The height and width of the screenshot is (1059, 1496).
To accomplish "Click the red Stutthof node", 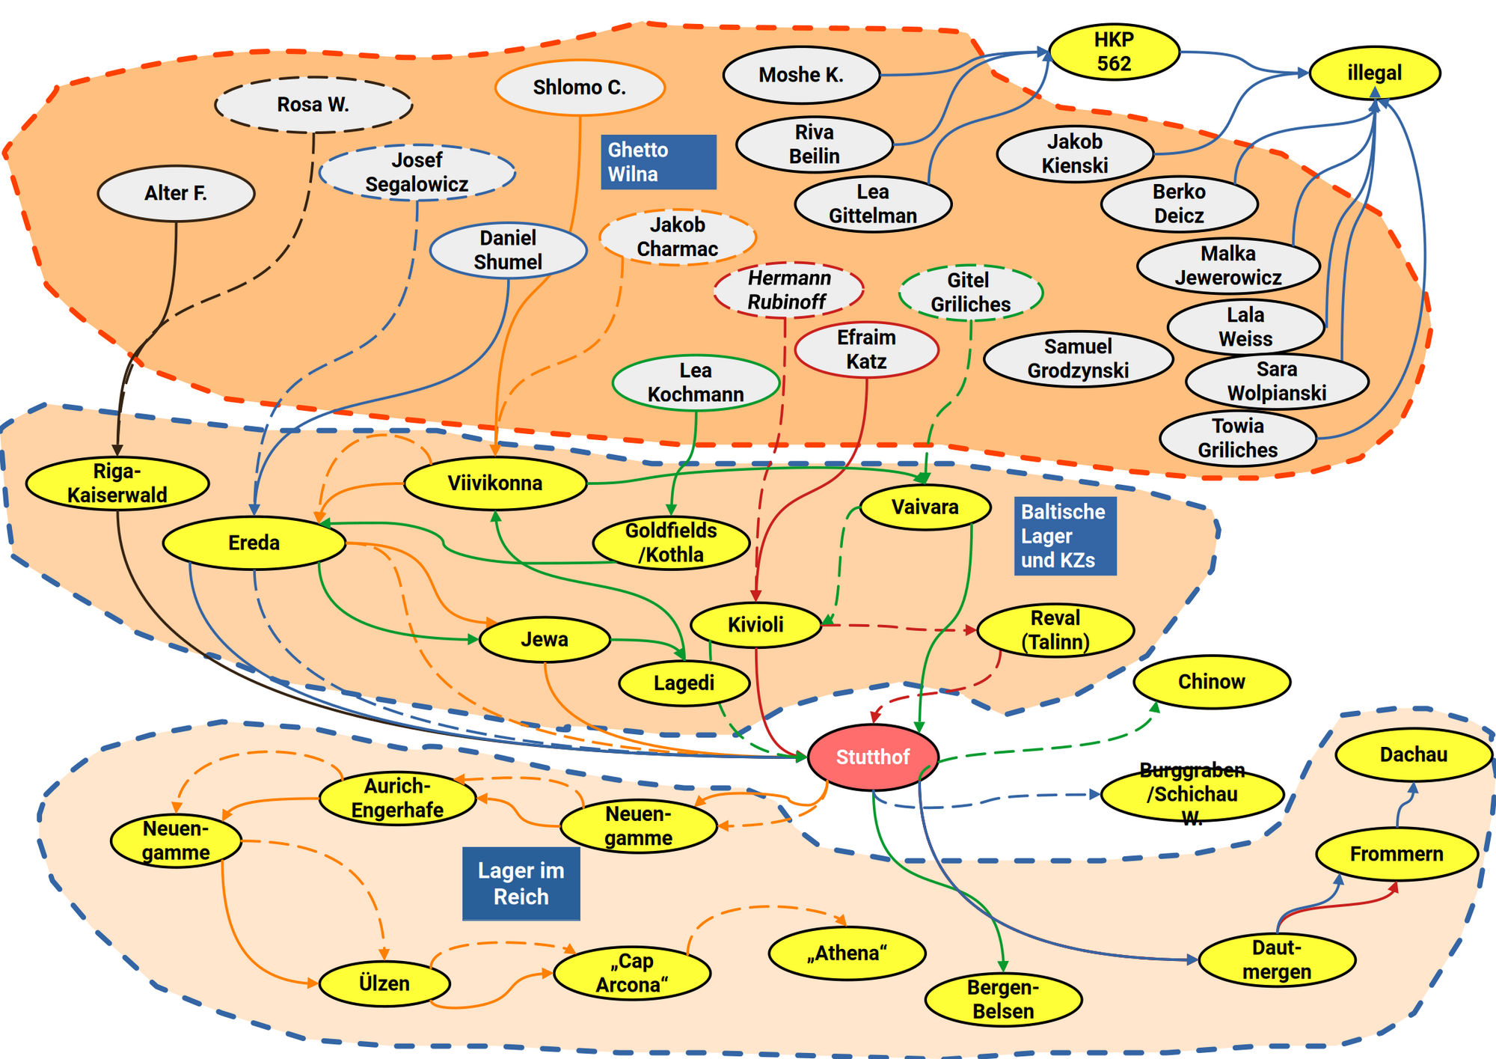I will [873, 757].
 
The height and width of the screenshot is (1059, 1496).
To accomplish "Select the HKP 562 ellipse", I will [1114, 52].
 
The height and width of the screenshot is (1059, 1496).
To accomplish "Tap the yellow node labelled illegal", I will [1374, 73].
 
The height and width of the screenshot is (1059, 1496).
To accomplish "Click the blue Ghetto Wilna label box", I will [658, 162].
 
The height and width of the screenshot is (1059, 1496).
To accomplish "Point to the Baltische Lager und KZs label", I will [1064, 536].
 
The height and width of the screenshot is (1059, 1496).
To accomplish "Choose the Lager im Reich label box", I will [521, 883].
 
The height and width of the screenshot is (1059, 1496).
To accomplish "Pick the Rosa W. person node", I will [313, 104].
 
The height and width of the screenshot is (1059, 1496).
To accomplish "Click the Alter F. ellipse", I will [176, 193].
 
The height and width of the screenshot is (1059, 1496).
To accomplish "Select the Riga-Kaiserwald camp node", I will [117, 483].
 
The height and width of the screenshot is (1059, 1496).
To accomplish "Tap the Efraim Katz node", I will [866, 350].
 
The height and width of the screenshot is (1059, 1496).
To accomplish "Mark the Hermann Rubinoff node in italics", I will [788, 290].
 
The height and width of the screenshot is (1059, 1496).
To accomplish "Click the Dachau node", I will [1413, 754].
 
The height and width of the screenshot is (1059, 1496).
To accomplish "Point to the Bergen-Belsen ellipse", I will [1003, 999].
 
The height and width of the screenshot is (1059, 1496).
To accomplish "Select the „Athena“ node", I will [847, 953].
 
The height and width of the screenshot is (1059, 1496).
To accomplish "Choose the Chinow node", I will [1211, 682].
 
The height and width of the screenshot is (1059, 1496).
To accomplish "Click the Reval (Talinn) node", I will [1055, 630].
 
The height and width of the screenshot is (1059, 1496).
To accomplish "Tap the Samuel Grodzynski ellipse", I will [1078, 358].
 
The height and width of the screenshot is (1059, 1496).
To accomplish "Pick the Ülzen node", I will [384, 983].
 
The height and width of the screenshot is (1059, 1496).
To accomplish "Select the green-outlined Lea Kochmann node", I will [696, 382].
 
